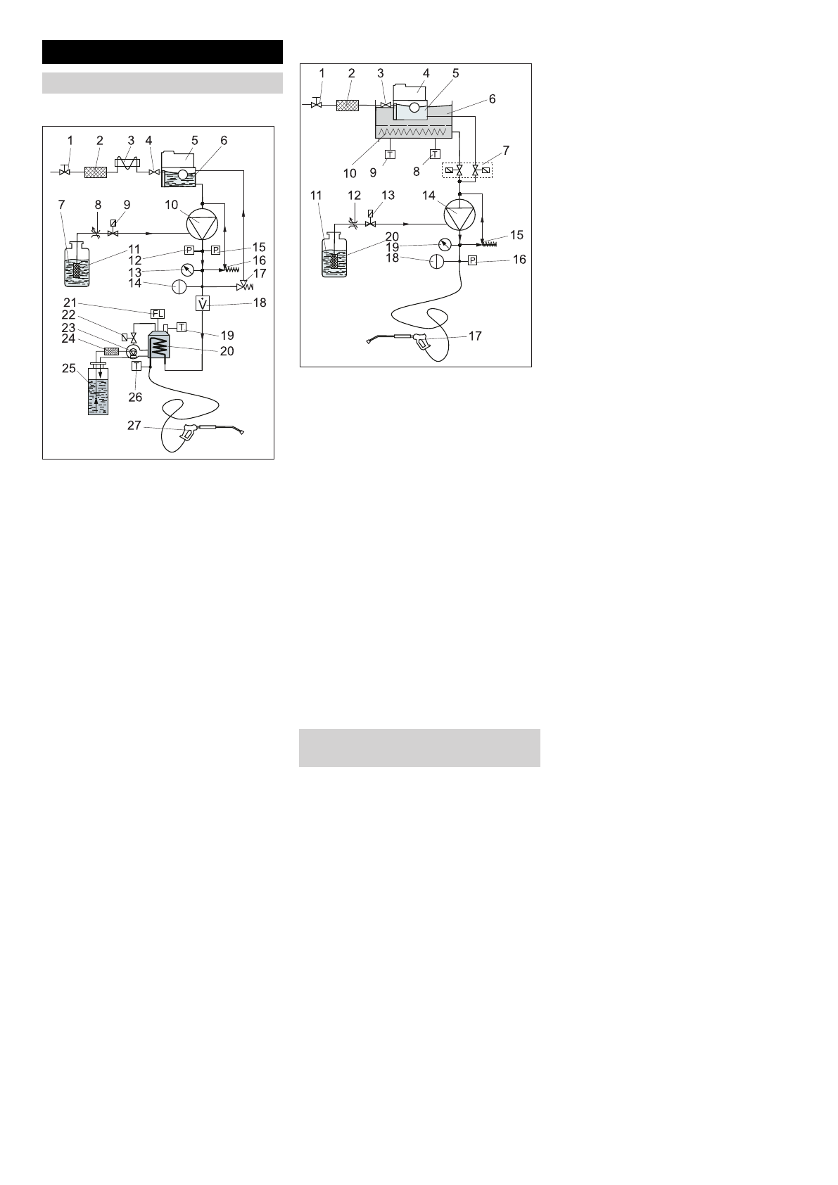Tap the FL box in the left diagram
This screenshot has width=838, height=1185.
coord(158,313)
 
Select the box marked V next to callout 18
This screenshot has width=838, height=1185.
coord(202,304)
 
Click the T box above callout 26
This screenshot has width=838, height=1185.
coord(137,366)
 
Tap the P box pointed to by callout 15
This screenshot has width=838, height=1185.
coord(216,251)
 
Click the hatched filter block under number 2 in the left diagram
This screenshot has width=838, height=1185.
coord(95,172)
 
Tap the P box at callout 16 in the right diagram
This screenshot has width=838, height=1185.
coord(473,260)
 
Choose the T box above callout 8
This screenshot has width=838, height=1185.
coord(435,154)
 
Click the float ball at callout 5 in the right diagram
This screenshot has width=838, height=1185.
coord(414,108)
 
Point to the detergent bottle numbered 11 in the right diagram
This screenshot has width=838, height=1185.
coord(334,254)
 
